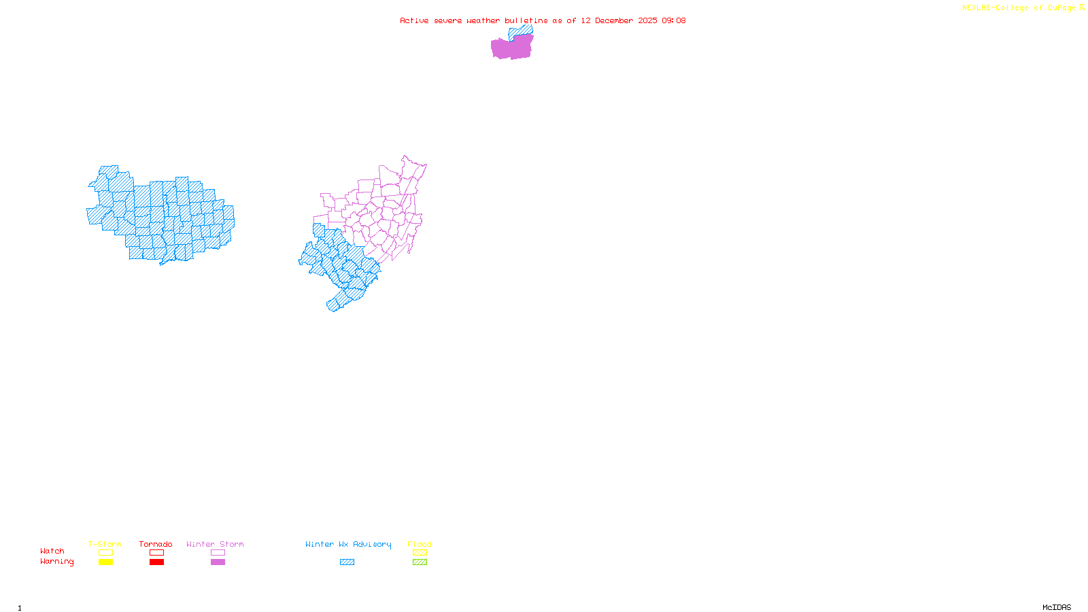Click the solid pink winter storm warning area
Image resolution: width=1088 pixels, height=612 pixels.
(x=511, y=48)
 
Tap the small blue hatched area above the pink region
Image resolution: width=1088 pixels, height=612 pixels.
(x=520, y=31)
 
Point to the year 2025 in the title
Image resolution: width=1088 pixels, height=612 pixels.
(x=647, y=20)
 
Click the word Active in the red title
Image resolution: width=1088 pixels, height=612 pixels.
(x=414, y=20)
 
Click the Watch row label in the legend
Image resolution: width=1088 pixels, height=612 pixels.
(x=52, y=551)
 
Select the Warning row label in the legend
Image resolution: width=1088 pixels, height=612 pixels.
(x=56, y=562)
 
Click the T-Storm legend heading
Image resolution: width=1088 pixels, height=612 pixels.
(x=105, y=544)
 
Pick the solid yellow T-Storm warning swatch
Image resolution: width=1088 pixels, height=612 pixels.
(x=105, y=562)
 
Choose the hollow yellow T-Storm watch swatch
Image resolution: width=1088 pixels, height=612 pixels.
(x=105, y=553)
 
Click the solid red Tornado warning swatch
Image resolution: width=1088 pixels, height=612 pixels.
(x=156, y=562)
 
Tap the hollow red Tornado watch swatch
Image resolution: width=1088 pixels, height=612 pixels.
(x=156, y=553)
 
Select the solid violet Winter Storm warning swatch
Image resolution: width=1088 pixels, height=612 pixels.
(x=218, y=562)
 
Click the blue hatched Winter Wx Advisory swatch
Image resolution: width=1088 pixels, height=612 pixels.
(x=347, y=562)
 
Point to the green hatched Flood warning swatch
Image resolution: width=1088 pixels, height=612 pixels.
(x=420, y=562)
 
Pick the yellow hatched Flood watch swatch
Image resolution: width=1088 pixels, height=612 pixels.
(x=420, y=553)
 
